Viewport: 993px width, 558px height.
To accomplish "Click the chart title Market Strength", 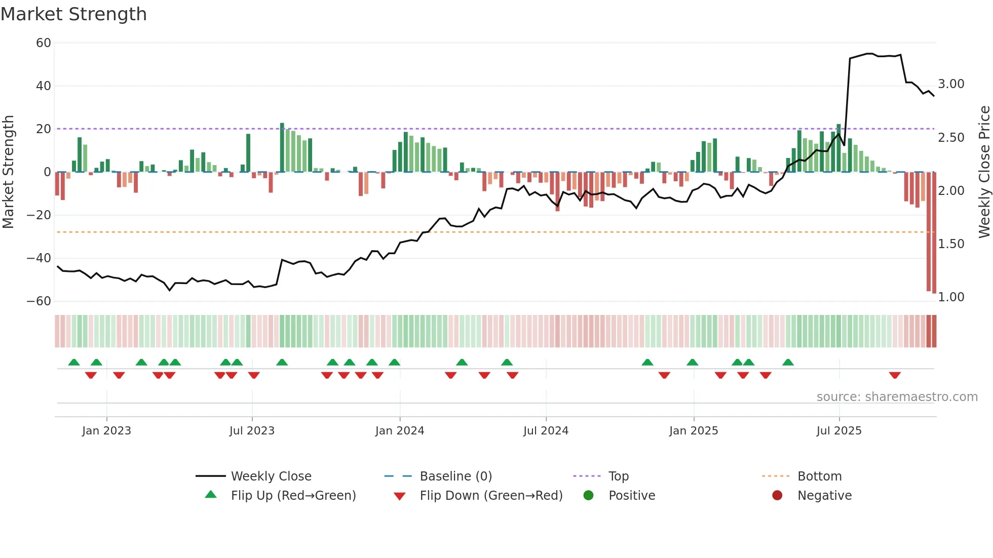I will [x=73, y=14].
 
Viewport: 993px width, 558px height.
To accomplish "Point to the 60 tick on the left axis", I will [x=44, y=43].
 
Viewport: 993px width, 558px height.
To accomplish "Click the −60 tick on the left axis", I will [x=39, y=301].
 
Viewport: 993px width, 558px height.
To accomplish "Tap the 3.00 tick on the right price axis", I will [x=951, y=84].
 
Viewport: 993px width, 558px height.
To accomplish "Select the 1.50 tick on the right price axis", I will [x=951, y=244].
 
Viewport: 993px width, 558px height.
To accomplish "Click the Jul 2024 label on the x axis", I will [x=546, y=431].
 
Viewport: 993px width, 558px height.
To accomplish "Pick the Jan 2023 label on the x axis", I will [x=106, y=431].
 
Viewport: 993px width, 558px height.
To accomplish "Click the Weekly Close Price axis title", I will [x=984, y=172].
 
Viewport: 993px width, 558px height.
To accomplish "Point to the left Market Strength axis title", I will [x=9, y=172].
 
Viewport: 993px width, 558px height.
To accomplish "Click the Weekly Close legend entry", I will [x=271, y=476].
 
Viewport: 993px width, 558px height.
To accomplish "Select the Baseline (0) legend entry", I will [x=455, y=476].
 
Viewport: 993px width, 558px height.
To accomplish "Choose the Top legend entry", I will [x=618, y=476].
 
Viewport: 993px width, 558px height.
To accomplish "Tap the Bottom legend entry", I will [x=819, y=476].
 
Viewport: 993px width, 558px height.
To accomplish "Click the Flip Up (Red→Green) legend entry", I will [x=293, y=496].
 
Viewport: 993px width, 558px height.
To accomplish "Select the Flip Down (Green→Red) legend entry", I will [x=491, y=496].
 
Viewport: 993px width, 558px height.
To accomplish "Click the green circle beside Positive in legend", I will [x=588, y=495].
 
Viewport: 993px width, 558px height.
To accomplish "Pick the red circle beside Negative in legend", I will [x=777, y=495].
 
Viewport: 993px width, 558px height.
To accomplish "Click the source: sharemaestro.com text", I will [x=897, y=397].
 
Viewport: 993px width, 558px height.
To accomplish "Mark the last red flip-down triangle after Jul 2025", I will [x=895, y=375].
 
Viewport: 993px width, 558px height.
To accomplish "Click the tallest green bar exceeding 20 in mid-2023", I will [x=282, y=147].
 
